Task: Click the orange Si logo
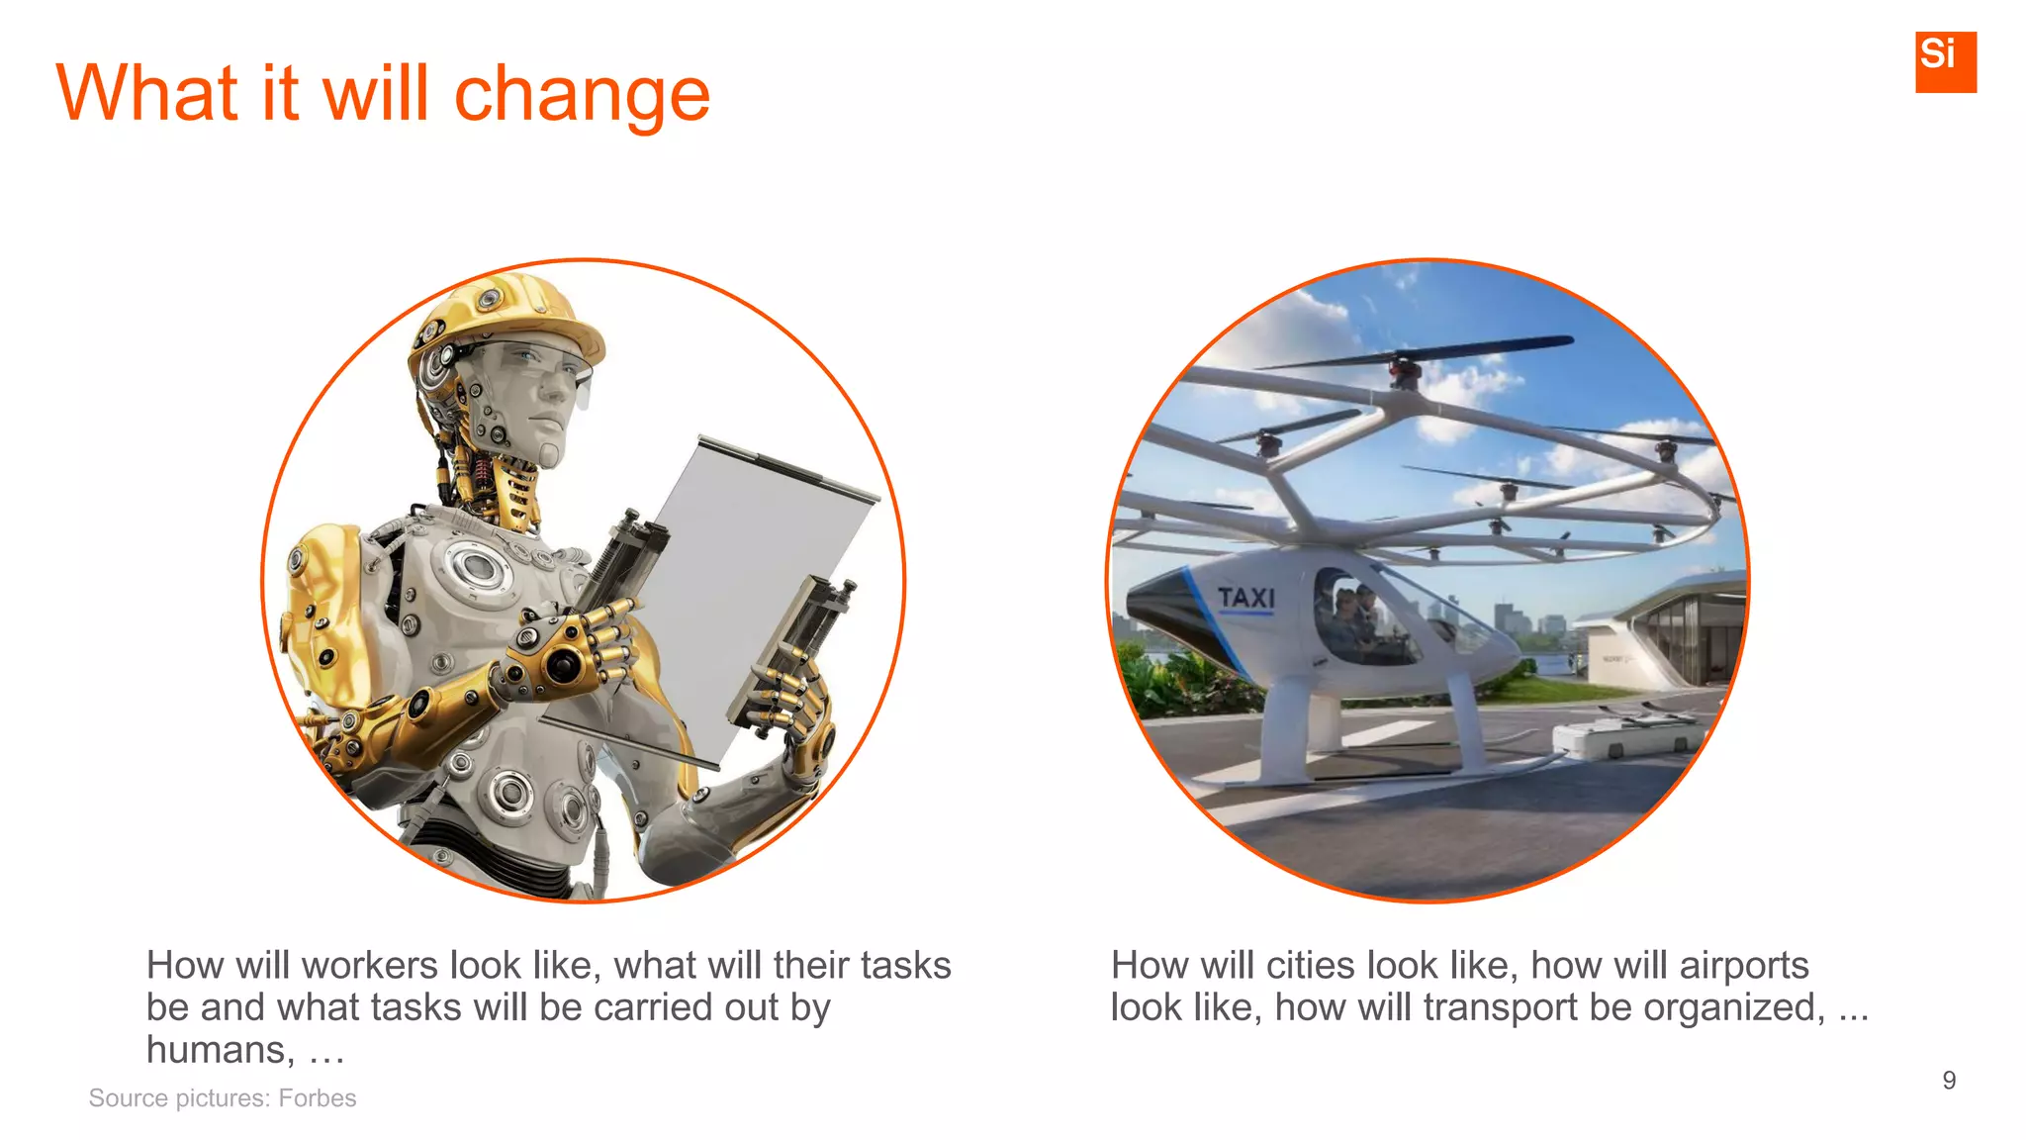click(1945, 61)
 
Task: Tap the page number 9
click(1949, 1080)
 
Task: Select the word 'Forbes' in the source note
click(317, 1098)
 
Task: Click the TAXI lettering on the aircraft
click(1246, 598)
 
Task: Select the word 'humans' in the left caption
click(220, 1049)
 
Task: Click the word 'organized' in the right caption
click(1733, 1007)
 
